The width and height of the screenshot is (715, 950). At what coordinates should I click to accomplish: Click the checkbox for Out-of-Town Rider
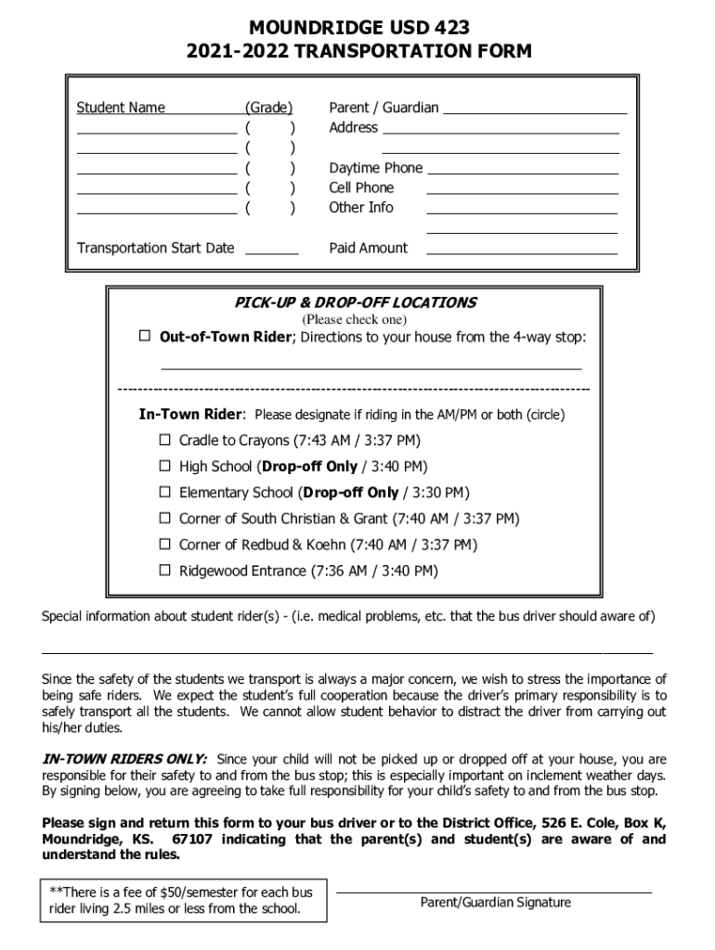[x=145, y=336]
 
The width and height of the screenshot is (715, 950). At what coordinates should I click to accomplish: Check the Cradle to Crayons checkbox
[x=164, y=440]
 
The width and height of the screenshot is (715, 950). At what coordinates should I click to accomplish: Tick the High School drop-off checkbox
[x=164, y=466]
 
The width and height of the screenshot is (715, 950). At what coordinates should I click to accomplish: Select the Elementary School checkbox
[x=164, y=492]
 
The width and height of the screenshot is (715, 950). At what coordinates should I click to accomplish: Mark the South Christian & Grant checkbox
[x=164, y=518]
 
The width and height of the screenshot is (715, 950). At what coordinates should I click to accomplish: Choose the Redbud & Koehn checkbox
[x=164, y=544]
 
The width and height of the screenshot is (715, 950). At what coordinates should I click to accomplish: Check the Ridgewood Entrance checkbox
[x=164, y=570]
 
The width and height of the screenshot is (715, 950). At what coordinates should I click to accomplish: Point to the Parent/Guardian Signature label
[x=495, y=903]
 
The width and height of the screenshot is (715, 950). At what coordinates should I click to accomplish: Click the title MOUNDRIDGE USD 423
[x=357, y=28]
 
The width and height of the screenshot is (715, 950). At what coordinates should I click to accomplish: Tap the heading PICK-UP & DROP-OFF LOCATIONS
[x=356, y=302]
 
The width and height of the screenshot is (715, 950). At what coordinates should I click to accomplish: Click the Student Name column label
[x=121, y=108]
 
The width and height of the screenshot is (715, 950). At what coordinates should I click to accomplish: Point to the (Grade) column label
[x=268, y=108]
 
